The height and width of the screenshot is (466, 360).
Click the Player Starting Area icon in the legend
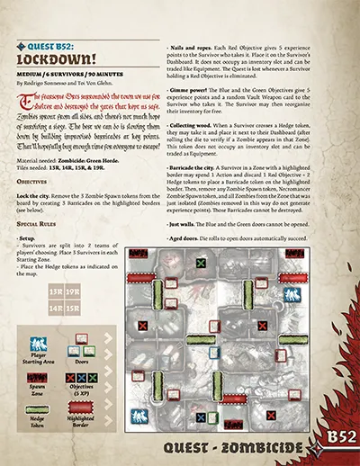pyautogui.click(x=38, y=345)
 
